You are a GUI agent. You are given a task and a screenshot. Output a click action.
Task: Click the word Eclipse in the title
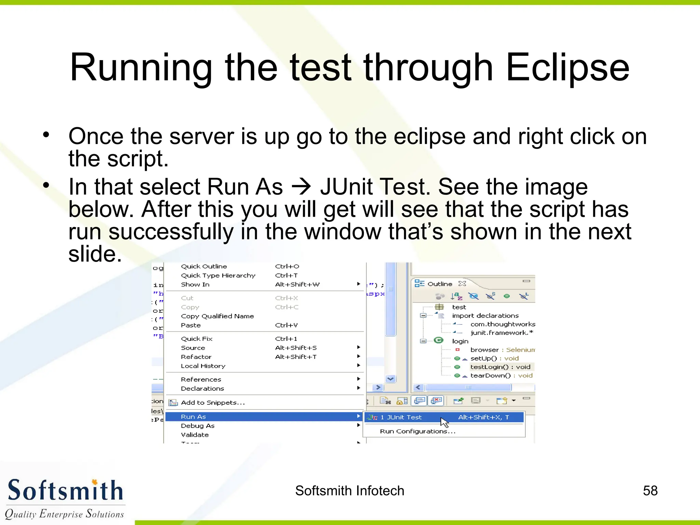pos(567,68)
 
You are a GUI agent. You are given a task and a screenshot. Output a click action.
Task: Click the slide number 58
pos(650,491)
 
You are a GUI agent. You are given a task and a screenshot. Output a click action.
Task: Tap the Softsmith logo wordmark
pos(65,490)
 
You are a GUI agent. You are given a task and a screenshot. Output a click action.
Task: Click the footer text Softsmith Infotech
pos(350,491)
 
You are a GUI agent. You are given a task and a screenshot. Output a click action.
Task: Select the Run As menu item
pos(193,417)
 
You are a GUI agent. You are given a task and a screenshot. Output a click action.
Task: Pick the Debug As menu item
pos(198,426)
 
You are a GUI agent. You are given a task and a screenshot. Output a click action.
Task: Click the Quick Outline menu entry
pos(204,266)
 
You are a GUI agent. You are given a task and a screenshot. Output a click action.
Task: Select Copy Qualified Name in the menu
pos(217,316)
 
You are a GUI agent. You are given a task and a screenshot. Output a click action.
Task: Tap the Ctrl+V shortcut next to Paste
pos(286,325)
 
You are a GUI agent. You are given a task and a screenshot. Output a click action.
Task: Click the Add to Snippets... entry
pos(213,403)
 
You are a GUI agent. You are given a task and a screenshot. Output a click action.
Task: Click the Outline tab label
pos(440,284)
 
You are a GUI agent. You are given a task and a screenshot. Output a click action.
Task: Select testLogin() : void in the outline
pos(500,367)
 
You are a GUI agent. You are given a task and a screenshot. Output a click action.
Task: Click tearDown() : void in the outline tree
pos(501,376)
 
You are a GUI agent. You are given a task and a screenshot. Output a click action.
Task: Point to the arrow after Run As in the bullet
pos(301,187)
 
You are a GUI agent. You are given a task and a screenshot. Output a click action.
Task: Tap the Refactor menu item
pos(196,357)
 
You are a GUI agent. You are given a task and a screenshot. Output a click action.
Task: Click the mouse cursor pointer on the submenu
pos(444,422)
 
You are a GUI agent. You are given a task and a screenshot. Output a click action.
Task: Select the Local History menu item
pos(203,366)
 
